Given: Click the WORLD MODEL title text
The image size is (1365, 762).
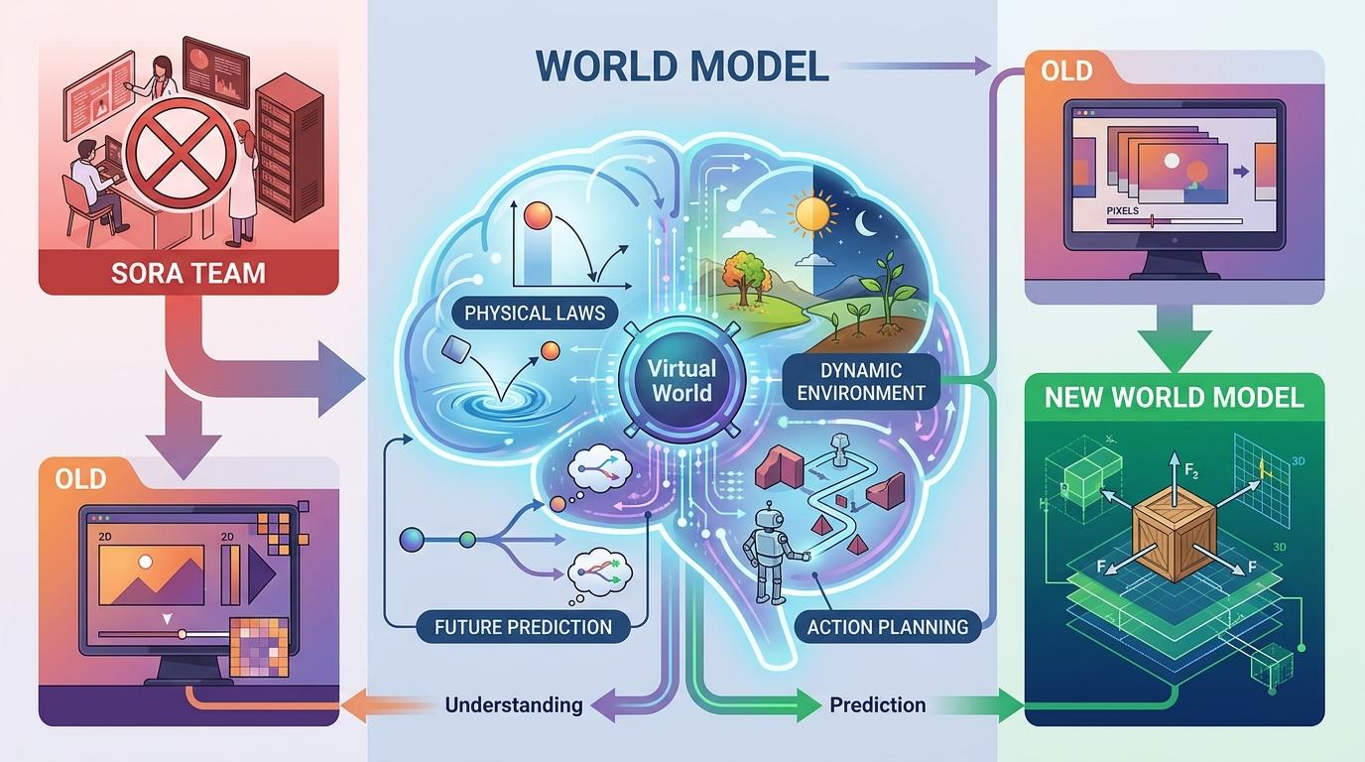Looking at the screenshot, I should click(682, 66).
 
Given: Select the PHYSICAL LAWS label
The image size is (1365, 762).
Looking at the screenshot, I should click(535, 314).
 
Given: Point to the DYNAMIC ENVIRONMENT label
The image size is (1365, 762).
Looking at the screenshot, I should click(859, 381).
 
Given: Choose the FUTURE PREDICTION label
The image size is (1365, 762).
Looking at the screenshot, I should click(523, 626).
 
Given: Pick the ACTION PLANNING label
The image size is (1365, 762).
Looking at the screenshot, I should click(887, 626).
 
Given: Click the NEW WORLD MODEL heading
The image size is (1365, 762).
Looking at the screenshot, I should click(1174, 398).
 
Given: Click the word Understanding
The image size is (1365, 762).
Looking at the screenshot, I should click(514, 705).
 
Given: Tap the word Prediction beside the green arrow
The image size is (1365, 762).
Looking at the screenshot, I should click(877, 705).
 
